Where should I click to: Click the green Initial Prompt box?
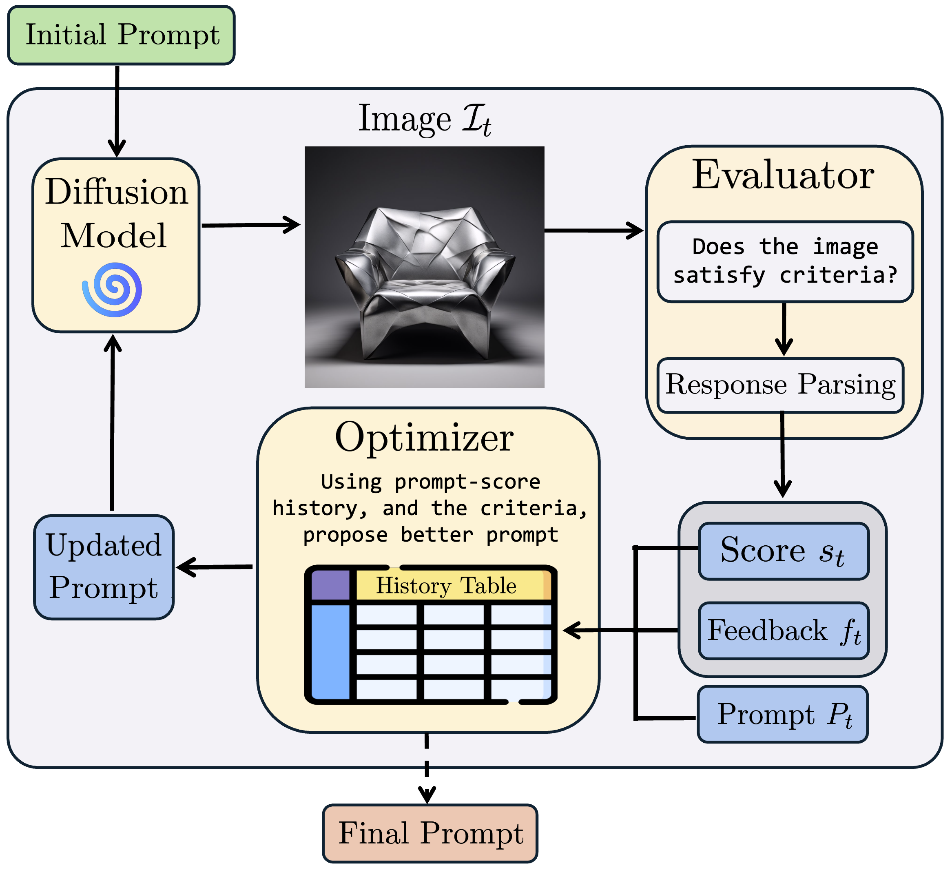122,35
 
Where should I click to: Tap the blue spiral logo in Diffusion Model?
113,290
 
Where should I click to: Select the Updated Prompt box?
104,567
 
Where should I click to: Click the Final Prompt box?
430,833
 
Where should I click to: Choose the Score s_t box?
783,551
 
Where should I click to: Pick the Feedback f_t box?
783,631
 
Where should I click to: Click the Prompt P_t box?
783,714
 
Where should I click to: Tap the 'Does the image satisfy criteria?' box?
785,261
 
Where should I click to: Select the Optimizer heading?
424,438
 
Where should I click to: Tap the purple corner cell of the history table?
330,585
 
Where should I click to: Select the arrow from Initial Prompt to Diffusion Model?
117,111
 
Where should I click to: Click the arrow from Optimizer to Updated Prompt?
215,567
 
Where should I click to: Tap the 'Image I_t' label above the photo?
424,120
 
